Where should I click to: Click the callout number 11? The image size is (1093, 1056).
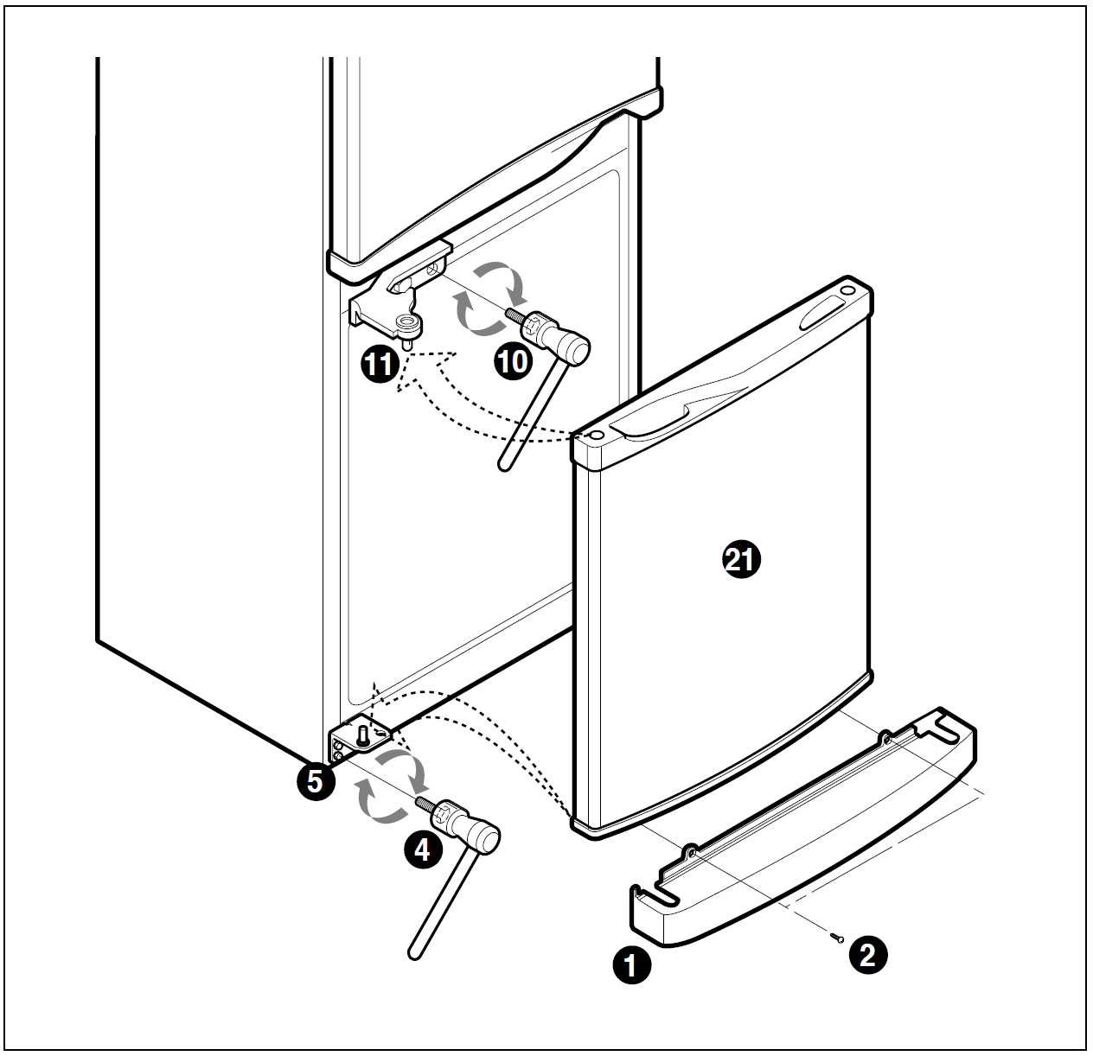[x=380, y=365]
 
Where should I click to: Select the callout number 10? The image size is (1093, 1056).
[x=513, y=361]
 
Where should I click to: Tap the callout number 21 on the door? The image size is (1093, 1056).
[x=741, y=560]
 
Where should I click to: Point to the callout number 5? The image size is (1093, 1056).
[x=316, y=781]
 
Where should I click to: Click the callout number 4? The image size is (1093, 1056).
[x=422, y=850]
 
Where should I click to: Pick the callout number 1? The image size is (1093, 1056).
[x=631, y=965]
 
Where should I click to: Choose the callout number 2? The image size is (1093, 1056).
[x=868, y=955]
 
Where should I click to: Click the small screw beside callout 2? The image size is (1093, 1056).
[x=836, y=937]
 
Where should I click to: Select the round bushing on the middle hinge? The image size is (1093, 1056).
[x=408, y=322]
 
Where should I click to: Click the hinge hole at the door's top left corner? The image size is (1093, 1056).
[x=597, y=435]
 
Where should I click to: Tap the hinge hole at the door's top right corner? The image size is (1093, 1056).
[x=848, y=290]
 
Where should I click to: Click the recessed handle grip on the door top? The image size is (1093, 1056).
[x=649, y=420]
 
